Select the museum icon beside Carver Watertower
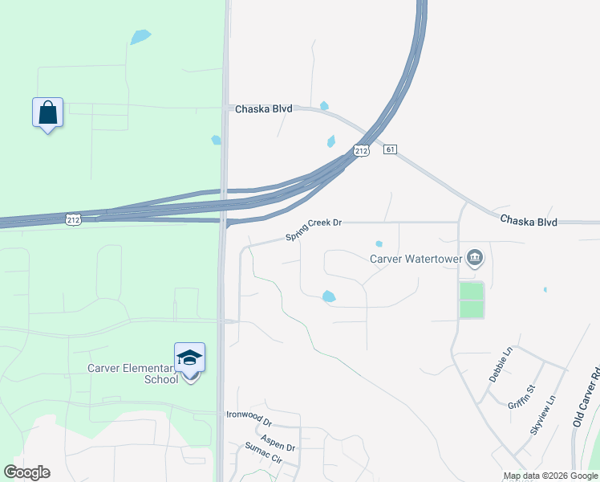[x=476, y=257]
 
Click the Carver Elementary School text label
[x=133, y=374]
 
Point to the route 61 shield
[x=391, y=149]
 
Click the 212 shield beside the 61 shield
[x=362, y=151]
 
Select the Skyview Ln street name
[x=543, y=415]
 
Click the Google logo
[x=26, y=472]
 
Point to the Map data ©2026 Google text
[x=550, y=476]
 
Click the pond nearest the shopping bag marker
[x=140, y=36]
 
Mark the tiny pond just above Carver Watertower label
[x=379, y=244]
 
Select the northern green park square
[x=472, y=290]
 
